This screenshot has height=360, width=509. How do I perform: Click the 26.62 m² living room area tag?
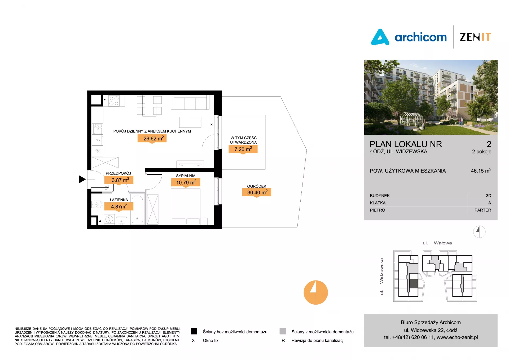pos(152,138)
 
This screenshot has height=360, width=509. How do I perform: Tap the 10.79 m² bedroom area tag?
pos(186,182)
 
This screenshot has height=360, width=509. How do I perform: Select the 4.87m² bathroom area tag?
pos(119,206)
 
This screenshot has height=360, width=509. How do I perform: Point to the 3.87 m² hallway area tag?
pos(119,180)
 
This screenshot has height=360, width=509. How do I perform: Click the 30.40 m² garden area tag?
pos(257,192)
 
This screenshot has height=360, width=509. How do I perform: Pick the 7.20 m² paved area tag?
pos(243,149)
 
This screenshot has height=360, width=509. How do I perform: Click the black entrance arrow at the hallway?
pos(82,179)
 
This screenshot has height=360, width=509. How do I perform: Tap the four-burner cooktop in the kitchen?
pos(114,101)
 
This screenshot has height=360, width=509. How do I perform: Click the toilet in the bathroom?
pos(97,204)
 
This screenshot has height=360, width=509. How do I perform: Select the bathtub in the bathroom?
pos(137,209)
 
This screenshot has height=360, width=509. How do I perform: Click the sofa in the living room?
pos(190,102)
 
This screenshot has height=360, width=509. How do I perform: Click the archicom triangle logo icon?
pos(380,37)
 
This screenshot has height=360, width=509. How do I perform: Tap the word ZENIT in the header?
pos(475,37)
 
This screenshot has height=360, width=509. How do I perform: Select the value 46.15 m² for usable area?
pos(481,171)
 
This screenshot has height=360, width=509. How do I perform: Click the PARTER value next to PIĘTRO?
pos(483,210)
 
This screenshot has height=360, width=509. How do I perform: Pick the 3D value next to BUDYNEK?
pos(489,196)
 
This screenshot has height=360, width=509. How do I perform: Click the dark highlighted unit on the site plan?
pos(414,284)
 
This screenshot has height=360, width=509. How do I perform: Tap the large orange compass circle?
pos(316,292)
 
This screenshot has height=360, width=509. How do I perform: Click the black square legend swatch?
pos(194,331)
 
